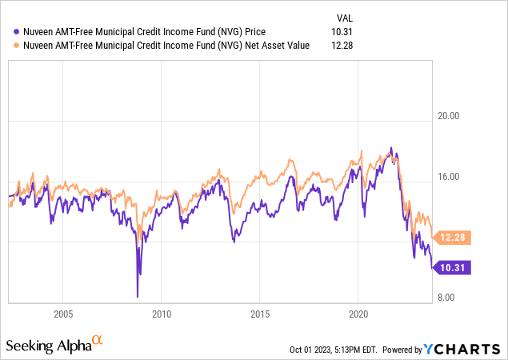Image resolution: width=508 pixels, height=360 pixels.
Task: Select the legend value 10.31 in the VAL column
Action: pos(340,31)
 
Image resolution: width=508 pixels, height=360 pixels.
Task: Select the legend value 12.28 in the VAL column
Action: pos(340,45)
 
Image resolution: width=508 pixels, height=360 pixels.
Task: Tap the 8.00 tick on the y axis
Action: pos(453,298)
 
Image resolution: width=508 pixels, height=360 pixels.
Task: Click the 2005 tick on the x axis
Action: pos(63,313)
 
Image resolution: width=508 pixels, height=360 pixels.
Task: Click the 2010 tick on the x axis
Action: pos(162,313)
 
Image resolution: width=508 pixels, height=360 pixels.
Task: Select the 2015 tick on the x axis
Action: pos(260,313)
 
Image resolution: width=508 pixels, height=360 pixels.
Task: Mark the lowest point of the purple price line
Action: pos(138,296)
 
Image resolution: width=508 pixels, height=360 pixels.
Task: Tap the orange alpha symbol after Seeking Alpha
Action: pos(98,341)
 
